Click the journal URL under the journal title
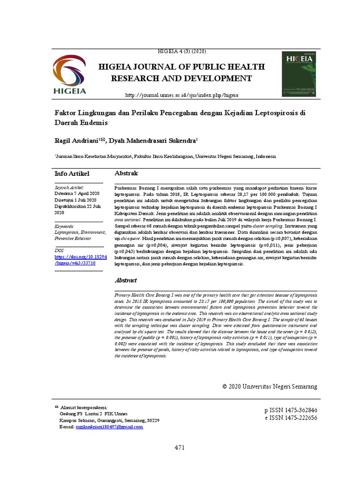point(181,95)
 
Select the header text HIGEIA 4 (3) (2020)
point(180,51)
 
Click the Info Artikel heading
point(72,174)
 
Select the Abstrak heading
point(127,173)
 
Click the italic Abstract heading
point(126,280)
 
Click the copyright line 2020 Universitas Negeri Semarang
point(270,386)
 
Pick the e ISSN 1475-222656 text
point(291,418)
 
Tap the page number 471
point(180,448)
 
